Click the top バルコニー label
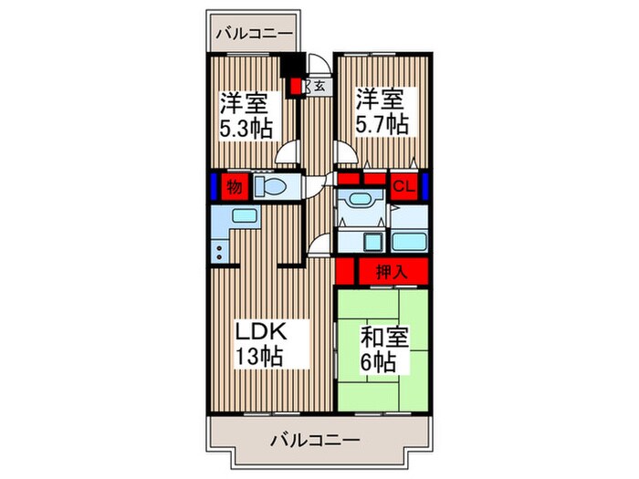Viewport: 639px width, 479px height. pos(255,35)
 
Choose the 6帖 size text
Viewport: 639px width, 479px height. pos(377,362)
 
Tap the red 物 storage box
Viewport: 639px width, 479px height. pos(234,187)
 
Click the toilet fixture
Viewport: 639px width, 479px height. pos(270,188)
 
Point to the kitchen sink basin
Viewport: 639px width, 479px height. pos(242,217)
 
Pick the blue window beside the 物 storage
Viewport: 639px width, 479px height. pos(214,187)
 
